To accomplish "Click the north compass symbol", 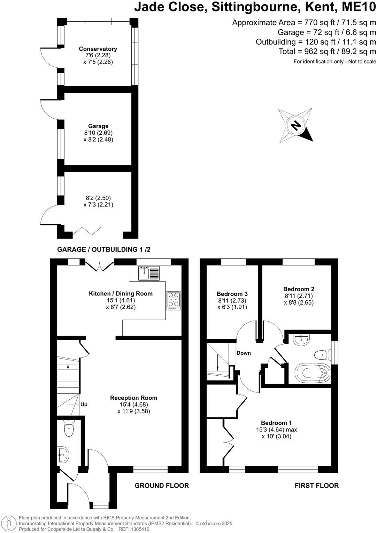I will pyautogui.click(x=295, y=125).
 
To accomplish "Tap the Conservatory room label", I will pyautogui.click(x=98, y=49).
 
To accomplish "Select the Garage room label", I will pyautogui.click(x=98, y=126).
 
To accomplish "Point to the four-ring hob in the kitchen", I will pyautogui.click(x=174, y=300).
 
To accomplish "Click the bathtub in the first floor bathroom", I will pyautogui.click(x=313, y=373).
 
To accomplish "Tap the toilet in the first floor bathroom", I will pyautogui.click(x=322, y=355).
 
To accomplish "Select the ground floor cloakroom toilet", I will pyautogui.click(x=69, y=429).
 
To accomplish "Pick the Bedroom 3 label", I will pyautogui.click(x=232, y=294).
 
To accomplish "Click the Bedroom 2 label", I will pyautogui.click(x=299, y=289).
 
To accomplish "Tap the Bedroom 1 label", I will pyautogui.click(x=276, y=423).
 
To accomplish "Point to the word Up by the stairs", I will pyautogui.click(x=84, y=405).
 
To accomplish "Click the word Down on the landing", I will pyautogui.click(x=244, y=353).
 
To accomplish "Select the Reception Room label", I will pyautogui.click(x=133, y=398).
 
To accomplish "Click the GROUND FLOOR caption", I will pyautogui.click(x=162, y=486).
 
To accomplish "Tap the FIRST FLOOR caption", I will pyautogui.click(x=316, y=486).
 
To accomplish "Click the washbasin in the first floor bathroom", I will pyautogui.click(x=301, y=339).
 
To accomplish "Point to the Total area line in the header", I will pyautogui.click(x=327, y=52).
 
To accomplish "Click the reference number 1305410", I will pyautogui.click(x=139, y=529).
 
